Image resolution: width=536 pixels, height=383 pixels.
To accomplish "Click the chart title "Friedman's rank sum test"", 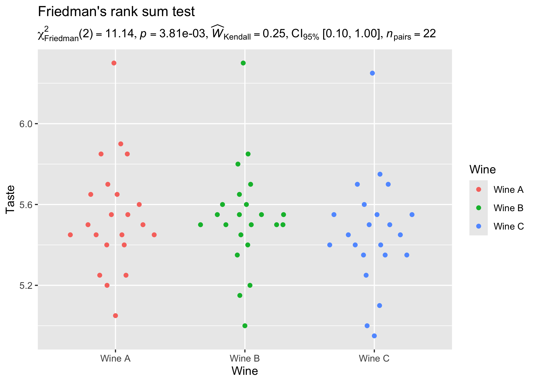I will [116, 12].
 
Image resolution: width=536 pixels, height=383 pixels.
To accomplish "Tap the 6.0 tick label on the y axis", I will [26, 124].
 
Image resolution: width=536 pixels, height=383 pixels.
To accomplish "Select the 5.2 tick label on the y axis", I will [26, 285].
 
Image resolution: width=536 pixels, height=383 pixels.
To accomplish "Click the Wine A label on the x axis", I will [115, 358].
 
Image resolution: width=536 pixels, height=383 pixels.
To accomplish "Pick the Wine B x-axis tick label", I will [245, 358].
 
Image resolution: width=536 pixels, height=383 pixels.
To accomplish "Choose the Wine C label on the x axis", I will [374, 358].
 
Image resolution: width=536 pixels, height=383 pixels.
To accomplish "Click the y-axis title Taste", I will [11, 199].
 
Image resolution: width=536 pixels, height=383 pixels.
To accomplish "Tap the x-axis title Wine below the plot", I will [245, 371].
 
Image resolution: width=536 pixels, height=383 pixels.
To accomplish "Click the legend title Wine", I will [482, 170].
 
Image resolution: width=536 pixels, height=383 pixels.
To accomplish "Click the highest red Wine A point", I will [114, 63].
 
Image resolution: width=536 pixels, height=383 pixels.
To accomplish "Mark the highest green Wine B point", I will [243, 63].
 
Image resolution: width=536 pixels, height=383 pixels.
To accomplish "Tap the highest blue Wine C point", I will [372, 73].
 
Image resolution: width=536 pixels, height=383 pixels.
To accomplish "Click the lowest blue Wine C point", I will [374, 336].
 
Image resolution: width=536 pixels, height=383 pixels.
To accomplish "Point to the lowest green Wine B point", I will [245, 326].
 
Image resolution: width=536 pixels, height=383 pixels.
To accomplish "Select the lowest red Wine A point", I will [115, 316].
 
